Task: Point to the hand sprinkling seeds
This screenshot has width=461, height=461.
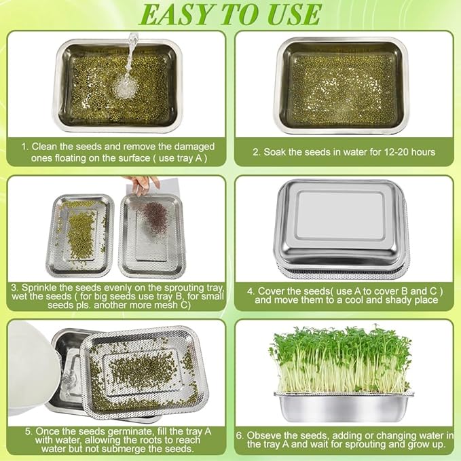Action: pyautogui.click(x=143, y=184)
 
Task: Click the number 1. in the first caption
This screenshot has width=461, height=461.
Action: pyautogui.click(x=24, y=146)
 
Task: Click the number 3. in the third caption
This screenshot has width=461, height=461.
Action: pyautogui.click(x=16, y=287)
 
